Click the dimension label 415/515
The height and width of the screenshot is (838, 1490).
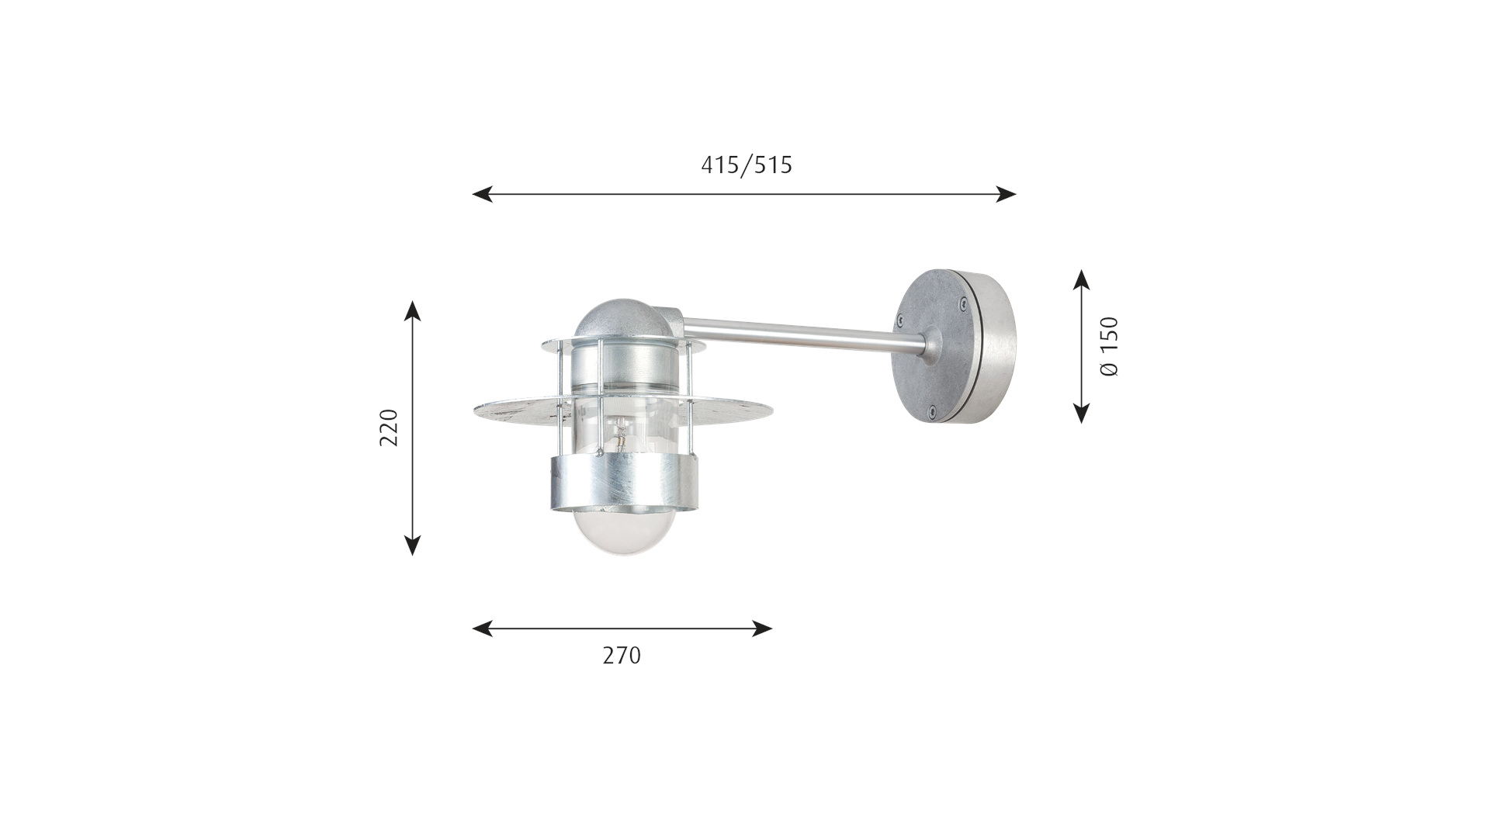click(747, 165)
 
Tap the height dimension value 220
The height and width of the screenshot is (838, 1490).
click(388, 428)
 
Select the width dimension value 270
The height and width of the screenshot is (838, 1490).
click(622, 656)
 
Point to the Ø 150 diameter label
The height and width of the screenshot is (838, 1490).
click(1110, 346)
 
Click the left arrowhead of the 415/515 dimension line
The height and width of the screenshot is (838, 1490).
click(482, 194)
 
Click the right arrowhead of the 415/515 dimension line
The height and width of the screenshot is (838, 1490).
click(1006, 194)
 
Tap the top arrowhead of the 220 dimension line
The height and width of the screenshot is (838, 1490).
click(413, 311)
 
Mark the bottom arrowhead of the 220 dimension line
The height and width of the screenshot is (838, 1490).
click(413, 545)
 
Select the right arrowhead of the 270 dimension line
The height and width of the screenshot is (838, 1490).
click(762, 628)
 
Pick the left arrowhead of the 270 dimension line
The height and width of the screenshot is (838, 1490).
click(482, 628)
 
